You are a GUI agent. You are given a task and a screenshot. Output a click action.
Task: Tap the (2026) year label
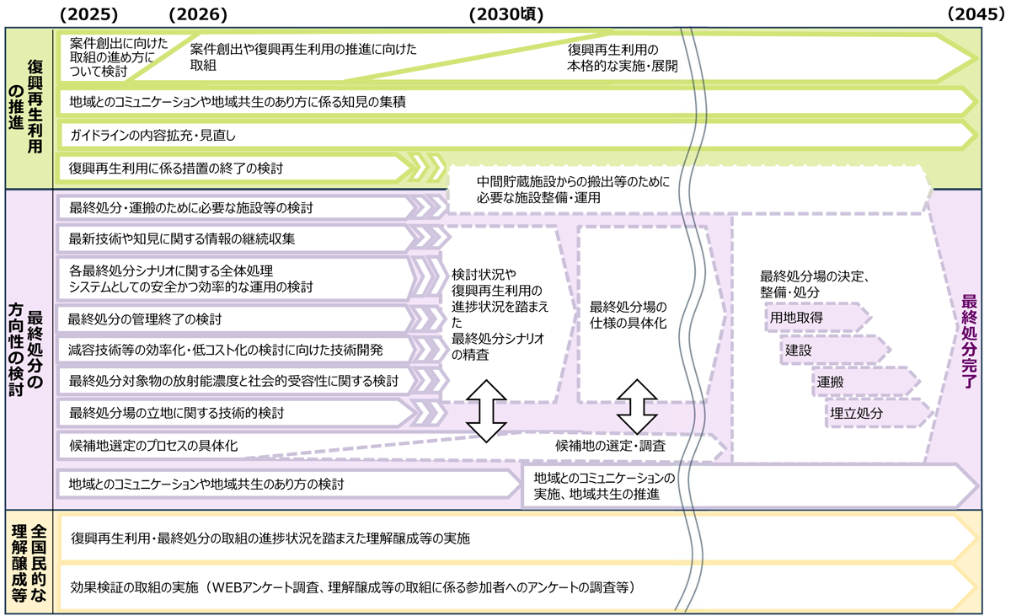[198, 13]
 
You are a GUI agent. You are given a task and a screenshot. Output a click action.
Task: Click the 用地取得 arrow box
[816, 318]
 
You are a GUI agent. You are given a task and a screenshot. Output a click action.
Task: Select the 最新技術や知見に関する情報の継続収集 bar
[236, 238]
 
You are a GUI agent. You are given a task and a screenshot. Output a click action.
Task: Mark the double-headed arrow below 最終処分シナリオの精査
[486, 410]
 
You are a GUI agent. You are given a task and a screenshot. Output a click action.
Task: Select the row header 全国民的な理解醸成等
[29, 563]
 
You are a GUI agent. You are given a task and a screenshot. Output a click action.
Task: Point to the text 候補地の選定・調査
[611, 445]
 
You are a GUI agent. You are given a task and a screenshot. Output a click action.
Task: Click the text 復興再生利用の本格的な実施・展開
[623, 57]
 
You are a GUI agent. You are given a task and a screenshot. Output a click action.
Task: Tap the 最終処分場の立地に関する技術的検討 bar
[236, 413]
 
